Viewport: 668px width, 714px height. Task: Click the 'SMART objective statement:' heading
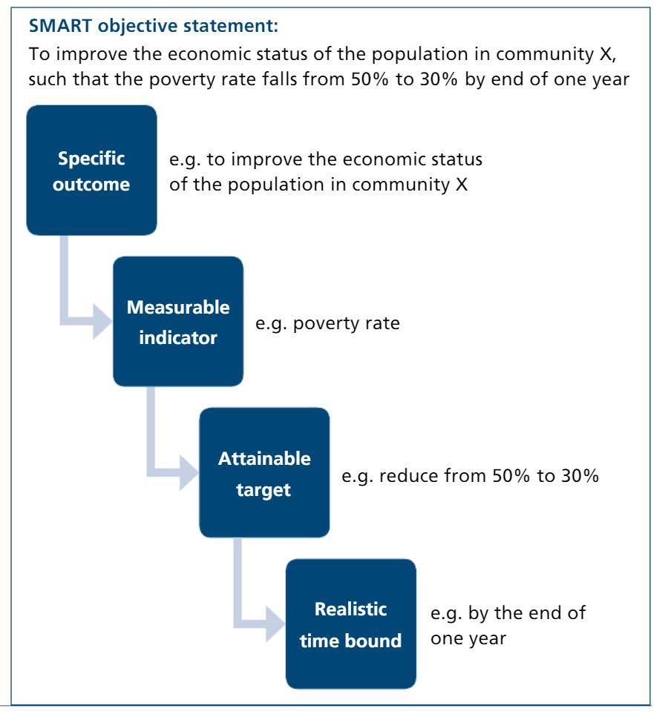pos(153,26)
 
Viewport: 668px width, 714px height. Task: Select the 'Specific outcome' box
pos(91,171)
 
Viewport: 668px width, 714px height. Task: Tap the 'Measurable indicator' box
pos(178,322)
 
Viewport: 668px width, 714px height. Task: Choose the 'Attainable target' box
pos(264,472)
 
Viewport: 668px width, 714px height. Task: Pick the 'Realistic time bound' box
pos(350,624)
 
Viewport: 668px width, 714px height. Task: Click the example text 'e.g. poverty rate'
pos(327,324)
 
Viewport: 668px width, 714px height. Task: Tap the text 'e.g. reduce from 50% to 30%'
pos(470,476)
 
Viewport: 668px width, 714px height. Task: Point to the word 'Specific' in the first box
pos(91,159)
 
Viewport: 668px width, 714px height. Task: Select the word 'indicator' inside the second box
pos(178,338)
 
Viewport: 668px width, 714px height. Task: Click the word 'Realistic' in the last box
pos(350,609)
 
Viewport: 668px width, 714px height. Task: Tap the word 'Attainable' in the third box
pos(264,458)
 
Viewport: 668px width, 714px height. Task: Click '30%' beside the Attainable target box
pos(580,476)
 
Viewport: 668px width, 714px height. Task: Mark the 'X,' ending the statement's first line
pos(608,55)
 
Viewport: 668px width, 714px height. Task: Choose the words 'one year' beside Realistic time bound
pos(468,639)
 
